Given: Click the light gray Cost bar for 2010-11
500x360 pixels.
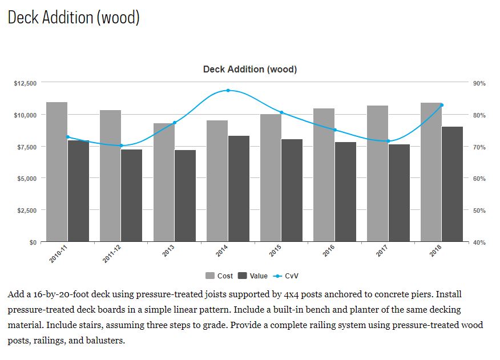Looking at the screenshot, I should (x=57, y=172).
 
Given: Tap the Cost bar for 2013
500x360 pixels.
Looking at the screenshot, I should (x=164, y=183).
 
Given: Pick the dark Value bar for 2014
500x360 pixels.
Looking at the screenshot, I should (x=239, y=189).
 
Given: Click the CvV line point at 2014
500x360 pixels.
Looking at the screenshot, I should (x=228, y=90).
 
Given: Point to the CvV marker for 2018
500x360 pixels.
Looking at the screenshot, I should (x=442, y=105).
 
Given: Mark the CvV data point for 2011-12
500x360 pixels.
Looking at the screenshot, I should (x=121, y=145).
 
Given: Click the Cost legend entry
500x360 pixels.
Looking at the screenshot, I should (x=220, y=276).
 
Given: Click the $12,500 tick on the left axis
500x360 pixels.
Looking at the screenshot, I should (x=25, y=83).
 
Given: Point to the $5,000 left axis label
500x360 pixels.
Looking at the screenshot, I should (x=27, y=179).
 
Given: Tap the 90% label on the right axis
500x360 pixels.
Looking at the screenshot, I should (x=479, y=83).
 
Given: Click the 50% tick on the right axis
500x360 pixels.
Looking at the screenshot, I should (x=479, y=211).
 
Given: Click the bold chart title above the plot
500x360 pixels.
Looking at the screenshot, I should (x=250, y=70).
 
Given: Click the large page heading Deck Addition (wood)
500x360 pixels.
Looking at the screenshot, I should (x=74, y=17).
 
